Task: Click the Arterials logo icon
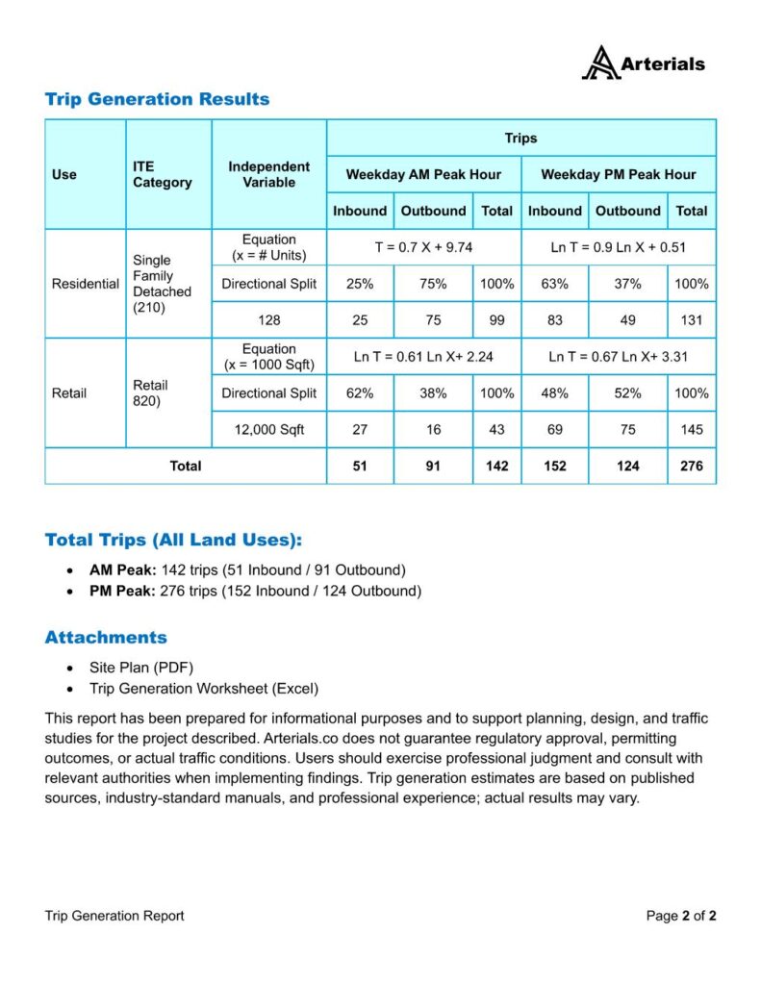(x=600, y=63)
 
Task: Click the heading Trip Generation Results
(x=157, y=99)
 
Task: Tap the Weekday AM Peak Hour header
(x=423, y=174)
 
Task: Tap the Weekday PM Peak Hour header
(x=618, y=174)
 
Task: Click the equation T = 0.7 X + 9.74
(x=423, y=247)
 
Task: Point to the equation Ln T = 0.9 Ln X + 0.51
(x=618, y=247)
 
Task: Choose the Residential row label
(x=85, y=284)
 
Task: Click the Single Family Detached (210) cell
(x=162, y=284)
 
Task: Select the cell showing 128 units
(x=268, y=320)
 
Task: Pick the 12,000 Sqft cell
(x=268, y=430)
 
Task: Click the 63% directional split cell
(x=554, y=284)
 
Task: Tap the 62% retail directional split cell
(x=359, y=393)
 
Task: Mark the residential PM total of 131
(x=691, y=320)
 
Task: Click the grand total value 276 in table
(x=691, y=467)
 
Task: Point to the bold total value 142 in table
(x=496, y=467)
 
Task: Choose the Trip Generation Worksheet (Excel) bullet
(x=203, y=689)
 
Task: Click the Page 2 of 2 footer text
(x=680, y=916)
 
